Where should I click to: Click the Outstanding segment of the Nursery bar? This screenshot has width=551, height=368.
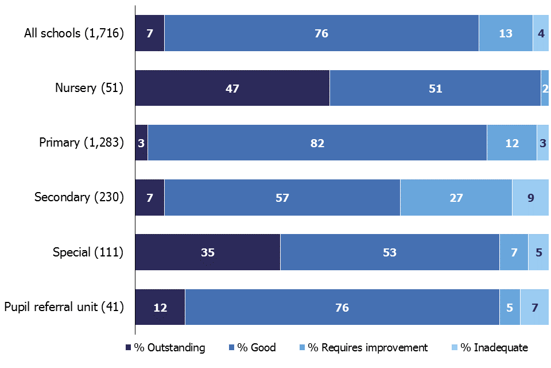(232, 88)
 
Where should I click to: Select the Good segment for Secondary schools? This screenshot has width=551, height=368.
(282, 198)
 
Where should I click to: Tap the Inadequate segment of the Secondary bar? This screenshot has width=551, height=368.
(530, 198)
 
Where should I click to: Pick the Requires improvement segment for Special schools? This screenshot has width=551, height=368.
(514, 252)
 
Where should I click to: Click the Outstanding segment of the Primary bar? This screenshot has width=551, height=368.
(141, 143)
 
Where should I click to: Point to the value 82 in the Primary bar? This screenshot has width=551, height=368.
(317, 143)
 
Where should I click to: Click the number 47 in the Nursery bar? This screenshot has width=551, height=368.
(232, 89)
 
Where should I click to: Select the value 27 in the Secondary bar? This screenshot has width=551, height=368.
(456, 198)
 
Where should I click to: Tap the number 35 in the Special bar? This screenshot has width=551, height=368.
(207, 252)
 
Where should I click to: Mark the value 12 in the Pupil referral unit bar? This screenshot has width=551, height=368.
(160, 308)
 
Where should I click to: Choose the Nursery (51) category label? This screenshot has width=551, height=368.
(89, 88)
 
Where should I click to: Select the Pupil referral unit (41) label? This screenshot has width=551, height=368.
(64, 307)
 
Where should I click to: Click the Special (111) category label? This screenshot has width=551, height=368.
(88, 252)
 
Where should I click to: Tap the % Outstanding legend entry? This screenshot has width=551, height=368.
(165, 347)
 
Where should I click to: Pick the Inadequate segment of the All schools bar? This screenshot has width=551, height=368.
(541, 33)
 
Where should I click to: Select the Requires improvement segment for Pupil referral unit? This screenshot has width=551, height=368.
(510, 308)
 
